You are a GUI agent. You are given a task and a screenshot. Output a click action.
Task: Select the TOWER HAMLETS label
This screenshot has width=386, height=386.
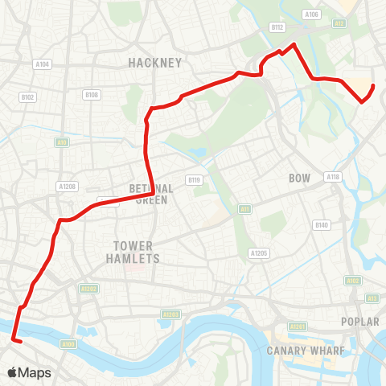coord(133,252)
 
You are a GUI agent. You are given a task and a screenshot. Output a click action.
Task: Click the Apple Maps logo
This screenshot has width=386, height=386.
coord(29,372)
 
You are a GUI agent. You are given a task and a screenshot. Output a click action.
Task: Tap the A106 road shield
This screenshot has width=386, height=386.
coord(311,14)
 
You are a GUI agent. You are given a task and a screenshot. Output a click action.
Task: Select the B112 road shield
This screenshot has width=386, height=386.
coord(277,27)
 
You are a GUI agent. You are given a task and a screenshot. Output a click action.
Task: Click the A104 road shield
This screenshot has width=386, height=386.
coord(43,64)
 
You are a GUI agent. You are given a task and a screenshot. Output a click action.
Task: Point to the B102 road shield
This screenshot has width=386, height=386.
coord(27,96)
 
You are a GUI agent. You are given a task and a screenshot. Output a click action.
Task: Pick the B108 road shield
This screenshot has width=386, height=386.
coord(91,95)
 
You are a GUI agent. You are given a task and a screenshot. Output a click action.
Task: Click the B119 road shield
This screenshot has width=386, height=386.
coord(193,179)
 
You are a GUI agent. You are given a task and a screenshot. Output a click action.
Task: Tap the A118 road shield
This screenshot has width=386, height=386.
coord(332,176)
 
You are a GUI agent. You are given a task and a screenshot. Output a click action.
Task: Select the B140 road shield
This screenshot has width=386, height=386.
coord(322,224)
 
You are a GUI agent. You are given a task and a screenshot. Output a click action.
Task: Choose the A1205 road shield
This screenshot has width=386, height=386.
coord(257,253)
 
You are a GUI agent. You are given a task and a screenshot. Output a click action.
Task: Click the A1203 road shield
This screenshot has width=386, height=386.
coord(170,314)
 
